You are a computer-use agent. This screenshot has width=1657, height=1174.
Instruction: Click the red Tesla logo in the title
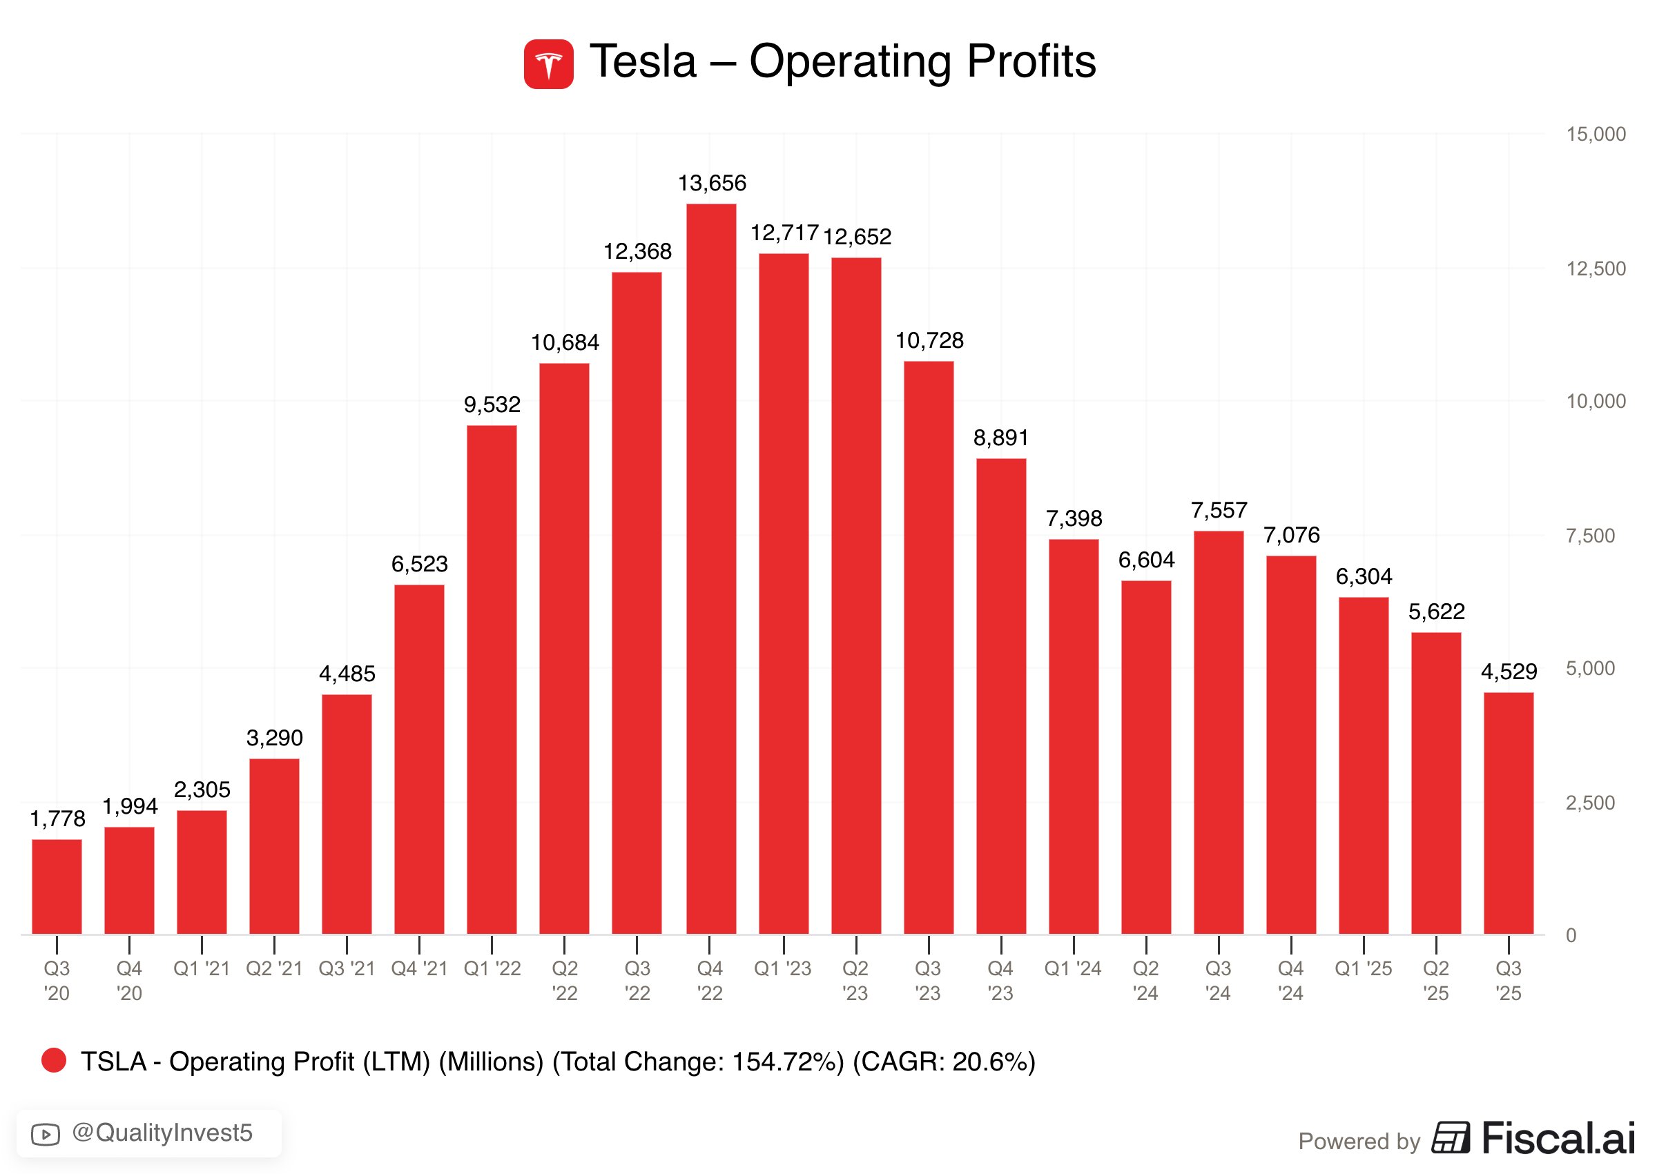pyautogui.click(x=549, y=64)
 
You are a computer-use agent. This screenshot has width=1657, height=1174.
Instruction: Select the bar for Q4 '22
pyautogui.click(x=711, y=569)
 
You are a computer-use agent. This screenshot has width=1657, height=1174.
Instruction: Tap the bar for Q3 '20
pyautogui.click(x=57, y=886)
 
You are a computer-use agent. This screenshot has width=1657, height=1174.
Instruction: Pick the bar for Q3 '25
pyautogui.click(x=1509, y=813)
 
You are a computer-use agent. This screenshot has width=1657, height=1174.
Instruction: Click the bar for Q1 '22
pyautogui.click(x=492, y=680)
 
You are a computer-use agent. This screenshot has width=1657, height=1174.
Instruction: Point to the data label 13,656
pyautogui.click(x=712, y=184)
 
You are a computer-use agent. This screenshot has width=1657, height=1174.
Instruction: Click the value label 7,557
pyautogui.click(x=1219, y=510)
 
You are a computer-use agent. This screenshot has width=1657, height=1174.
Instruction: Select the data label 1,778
pyautogui.click(x=57, y=819)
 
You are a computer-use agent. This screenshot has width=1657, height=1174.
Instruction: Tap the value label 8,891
pyautogui.click(x=1001, y=438)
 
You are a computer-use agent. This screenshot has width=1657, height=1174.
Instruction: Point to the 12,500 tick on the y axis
pyautogui.click(x=1596, y=269)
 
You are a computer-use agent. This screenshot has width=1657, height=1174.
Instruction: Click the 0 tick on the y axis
pyautogui.click(x=1571, y=935)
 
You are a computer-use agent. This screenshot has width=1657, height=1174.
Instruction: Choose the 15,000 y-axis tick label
pyautogui.click(x=1596, y=135)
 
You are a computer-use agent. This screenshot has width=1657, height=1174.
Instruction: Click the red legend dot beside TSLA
pyautogui.click(x=55, y=1061)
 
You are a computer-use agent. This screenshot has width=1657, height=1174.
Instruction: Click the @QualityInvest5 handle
pyautogui.click(x=163, y=1133)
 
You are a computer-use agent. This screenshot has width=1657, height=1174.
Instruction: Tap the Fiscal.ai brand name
pyautogui.click(x=1558, y=1138)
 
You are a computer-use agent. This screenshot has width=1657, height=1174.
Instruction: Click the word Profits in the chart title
pyautogui.click(x=1031, y=61)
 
